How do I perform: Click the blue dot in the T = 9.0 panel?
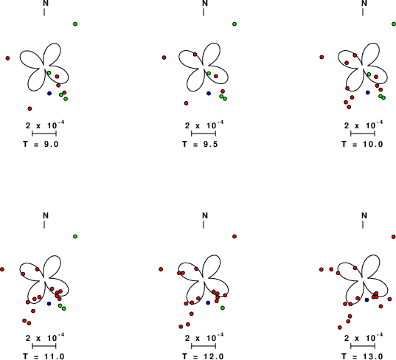[49, 93]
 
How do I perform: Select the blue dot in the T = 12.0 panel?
[208, 302]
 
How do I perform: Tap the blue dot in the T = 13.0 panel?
[367, 300]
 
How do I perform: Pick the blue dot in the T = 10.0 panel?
[368, 92]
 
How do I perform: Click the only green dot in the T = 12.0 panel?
[223, 308]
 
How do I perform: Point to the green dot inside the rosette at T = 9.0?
[49, 73]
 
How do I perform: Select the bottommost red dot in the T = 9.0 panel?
[29, 108]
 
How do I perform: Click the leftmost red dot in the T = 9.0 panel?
[7, 58]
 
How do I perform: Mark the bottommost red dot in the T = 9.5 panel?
[186, 103]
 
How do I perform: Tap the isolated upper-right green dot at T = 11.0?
[75, 237]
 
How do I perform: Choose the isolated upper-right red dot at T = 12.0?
[235, 237]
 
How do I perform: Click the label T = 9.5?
[200, 144]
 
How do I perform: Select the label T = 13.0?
[362, 356]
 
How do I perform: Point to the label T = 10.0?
[362, 144]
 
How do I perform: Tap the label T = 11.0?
[44, 356]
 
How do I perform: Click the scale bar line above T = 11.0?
[44, 346]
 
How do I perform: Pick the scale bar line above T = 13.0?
[363, 346]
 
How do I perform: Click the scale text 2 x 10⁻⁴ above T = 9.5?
[204, 125]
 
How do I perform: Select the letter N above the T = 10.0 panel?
[364, 3]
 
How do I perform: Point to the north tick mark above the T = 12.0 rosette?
[204, 224]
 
